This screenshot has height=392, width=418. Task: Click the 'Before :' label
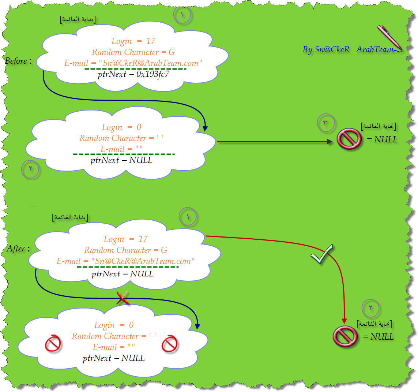[x=18, y=61]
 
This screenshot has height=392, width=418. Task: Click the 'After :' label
[x=18, y=249]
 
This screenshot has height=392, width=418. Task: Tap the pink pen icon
[x=389, y=38]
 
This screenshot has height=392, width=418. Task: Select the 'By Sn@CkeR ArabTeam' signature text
[x=348, y=49]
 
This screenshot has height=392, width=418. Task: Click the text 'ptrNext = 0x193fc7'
[x=133, y=74]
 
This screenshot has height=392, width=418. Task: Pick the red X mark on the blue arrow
[x=123, y=298]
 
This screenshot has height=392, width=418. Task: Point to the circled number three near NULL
[x=325, y=123]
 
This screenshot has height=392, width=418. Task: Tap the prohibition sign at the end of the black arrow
[x=349, y=139]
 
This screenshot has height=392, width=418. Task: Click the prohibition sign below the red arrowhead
[x=345, y=336]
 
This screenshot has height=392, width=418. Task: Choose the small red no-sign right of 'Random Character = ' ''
[x=169, y=343]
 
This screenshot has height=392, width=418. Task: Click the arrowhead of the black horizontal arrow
[x=330, y=141]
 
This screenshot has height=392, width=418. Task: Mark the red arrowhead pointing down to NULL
[x=344, y=321]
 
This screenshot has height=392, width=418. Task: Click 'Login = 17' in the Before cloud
[x=133, y=41]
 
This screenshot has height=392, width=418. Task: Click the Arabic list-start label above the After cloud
[x=70, y=217]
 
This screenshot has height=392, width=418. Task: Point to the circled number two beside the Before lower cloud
[x=30, y=169]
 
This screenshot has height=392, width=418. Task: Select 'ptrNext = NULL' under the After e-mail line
[x=123, y=274]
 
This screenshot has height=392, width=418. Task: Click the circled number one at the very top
[x=182, y=14]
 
